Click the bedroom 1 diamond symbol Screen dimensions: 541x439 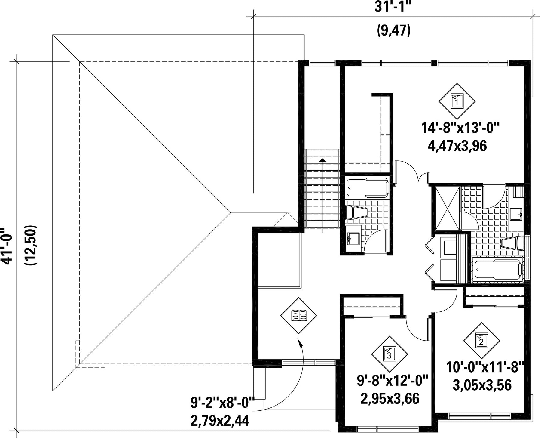coord(457,101)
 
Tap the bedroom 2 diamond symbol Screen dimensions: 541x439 coord(481,341)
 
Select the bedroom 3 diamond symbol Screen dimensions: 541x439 coord(389,354)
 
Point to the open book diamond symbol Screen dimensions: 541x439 coord(298,315)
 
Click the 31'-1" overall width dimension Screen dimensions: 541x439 coord(393,7)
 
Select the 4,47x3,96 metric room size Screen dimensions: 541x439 coord(457,147)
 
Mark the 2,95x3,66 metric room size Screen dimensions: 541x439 coord(390,399)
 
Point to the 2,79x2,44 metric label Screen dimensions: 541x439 coord(220,421)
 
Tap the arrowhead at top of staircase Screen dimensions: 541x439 coord(322,160)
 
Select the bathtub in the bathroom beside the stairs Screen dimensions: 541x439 coord(368,187)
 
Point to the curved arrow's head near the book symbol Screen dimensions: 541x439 coord(299,341)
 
